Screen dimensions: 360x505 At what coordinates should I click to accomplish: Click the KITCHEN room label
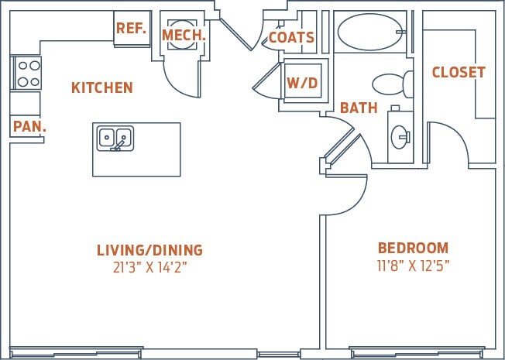pos(101,87)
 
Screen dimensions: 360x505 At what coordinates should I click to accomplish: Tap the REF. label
pos(131,29)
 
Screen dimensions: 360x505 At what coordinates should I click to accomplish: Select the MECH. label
pos(184,35)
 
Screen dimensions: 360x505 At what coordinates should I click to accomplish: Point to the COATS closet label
pos(291,37)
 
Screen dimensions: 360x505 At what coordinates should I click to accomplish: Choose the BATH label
pos(359,108)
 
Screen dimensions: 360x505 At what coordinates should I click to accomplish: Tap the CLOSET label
pos(459,72)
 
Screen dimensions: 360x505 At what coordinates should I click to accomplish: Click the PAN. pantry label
pos(29,125)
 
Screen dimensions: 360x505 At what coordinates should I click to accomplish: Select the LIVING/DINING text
pos(149,250)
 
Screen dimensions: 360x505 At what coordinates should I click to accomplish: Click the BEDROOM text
pos(413,249)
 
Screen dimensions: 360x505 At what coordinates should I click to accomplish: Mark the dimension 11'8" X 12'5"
pos(413,266)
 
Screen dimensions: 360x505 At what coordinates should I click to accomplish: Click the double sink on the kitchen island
pos(115,138)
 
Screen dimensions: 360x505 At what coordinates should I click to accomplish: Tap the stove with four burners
pos(27,74)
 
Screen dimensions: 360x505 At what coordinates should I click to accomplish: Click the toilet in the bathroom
pos(392,84)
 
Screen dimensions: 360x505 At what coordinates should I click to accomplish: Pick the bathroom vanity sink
pos(400,137)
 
